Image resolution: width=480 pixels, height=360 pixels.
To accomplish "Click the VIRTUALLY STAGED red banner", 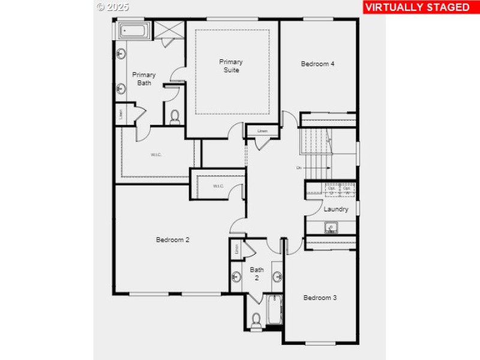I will point(418,7).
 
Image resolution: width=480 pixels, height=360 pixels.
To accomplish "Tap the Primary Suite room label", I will point(231,66).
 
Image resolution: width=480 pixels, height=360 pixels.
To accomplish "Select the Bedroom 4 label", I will point(318,64).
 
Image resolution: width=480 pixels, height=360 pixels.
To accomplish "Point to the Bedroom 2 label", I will point(173,240).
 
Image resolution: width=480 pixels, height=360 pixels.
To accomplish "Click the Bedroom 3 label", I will point(320,298).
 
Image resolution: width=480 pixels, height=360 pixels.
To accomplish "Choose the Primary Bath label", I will point(144,79).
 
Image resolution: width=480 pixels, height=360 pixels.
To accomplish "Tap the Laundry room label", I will point(336,209).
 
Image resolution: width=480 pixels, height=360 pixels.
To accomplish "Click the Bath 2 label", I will point(257,274).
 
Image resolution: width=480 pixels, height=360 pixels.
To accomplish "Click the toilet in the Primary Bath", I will point(175,116).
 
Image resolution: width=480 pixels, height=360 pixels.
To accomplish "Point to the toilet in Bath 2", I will point(256,320).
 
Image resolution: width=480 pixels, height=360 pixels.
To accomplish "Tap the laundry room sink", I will point(331,227).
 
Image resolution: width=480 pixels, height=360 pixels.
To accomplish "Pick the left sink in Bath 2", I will point(235,277).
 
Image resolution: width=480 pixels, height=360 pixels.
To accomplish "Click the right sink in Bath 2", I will point(278,277).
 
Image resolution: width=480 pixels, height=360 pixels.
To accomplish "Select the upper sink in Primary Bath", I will point(121,54).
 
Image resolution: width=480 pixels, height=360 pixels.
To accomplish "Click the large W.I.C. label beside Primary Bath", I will point(156,155).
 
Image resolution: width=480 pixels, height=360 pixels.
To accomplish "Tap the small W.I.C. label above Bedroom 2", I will point(218,186).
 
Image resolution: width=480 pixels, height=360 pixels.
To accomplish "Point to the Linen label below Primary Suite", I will point(262,131).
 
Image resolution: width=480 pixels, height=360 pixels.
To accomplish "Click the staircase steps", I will point(316,150).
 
